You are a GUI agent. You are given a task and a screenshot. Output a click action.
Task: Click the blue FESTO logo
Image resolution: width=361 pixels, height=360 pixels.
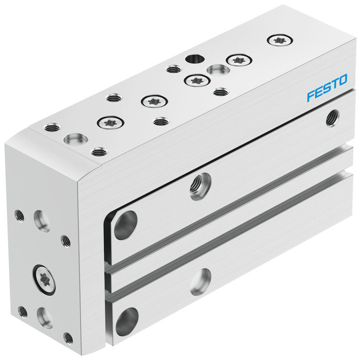pyautogui.click(x=327, y=87)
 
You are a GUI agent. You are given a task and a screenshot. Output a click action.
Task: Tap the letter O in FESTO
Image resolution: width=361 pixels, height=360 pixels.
pyautogui.click(x=342, y=80)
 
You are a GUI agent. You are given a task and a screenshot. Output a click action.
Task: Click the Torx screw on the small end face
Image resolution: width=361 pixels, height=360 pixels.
pyautogui.click(x=44, y=280)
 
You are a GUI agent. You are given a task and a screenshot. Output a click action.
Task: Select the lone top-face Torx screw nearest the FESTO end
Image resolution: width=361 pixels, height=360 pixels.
pyautogui.click(x=280, y=41)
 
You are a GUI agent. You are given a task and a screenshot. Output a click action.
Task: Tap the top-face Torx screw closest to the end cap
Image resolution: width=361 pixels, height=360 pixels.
pyautogui.click(x=111, y=123)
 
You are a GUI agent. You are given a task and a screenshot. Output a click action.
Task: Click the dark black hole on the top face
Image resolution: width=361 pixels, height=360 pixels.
pyautogui.click(x=195, y=59)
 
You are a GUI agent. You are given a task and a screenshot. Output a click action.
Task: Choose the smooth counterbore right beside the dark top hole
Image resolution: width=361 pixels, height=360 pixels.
pyautogui.click(x=218, y=70)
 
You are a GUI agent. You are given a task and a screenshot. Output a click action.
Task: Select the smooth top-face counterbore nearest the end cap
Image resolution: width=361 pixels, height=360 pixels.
pyautogui.click(x=76, y=139)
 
